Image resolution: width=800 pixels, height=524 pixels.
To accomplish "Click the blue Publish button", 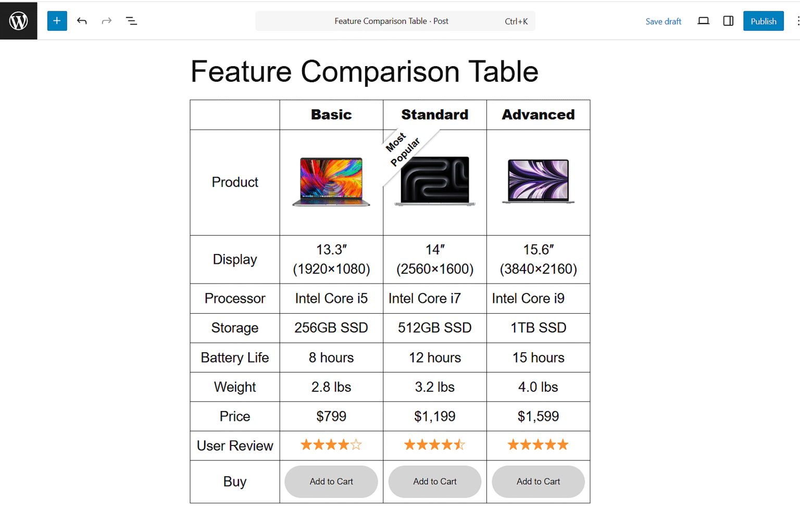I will pyautogui.click(x=763, y=21).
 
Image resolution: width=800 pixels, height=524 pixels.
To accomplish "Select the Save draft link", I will pyautogui.click(x=663, y=21).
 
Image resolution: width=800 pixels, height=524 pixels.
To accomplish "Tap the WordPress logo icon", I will pyautogui.click(x=19, y=21).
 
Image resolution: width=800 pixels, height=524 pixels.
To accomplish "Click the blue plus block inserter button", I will pyautogui.click(x=57, y=21).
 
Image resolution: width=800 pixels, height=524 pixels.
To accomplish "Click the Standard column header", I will pyautogui.click(x=434, y=114).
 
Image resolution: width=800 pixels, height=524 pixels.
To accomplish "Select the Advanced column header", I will pyautogui.click(x=538, y=114).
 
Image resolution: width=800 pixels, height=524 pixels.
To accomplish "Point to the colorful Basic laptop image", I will pyautogui.click(x=331, y=182).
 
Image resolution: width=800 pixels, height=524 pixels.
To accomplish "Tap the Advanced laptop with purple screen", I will pyautogui.click(x=538, y=181).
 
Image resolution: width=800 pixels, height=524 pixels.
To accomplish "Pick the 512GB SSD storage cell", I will pyautogui.click(x=434, y=328).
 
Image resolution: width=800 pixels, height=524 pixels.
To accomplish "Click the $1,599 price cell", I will pyautogui.click(x=538, y=416).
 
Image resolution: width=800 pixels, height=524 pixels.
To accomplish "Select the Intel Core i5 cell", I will pyautogui.click(x=331, y=298).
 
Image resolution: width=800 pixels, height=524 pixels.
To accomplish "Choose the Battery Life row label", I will pyautogui.click(x=235, y=357).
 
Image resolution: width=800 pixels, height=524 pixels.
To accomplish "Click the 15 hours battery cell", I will pyautogui.click(x=538, y=357).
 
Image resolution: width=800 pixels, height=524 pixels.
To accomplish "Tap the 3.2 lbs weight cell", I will pyautogui.click(x=434, y=387).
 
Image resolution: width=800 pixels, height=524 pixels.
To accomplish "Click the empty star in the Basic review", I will pyautogui.click(x=356, y=445).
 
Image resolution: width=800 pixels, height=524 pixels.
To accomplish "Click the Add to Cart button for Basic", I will pyautogui.click(x=331, y=481).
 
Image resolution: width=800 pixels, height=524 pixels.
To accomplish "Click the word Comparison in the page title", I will pyautogui.click(x=380, y=72).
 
